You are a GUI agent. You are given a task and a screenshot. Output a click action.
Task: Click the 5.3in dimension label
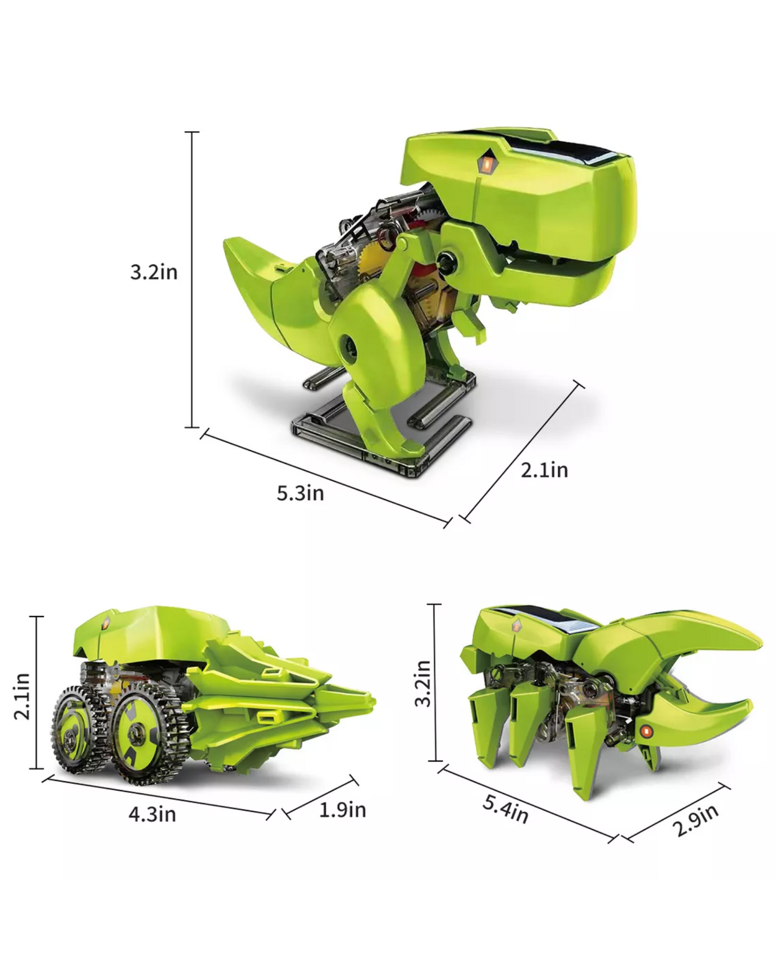[x=300, y=493]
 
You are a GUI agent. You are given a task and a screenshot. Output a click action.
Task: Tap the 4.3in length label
[x=152, y=814]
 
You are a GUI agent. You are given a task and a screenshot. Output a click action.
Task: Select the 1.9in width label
[x=343, y=810]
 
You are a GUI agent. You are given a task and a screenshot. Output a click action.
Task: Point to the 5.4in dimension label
[x=505, y=809]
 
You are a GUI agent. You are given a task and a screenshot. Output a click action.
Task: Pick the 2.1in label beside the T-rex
[x=544, y=470]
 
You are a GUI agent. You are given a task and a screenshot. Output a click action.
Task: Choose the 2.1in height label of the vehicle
[x=22, y=696]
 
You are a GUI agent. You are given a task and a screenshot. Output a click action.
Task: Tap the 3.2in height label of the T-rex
[x=154, y=272]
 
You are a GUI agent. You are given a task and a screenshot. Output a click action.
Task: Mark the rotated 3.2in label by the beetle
[x=423, y=683]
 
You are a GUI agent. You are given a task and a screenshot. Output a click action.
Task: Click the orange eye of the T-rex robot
[x=486, y=164]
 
